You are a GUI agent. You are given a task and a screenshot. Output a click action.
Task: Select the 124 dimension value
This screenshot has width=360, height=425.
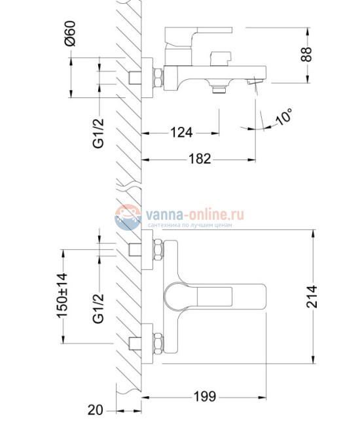click(181, 133)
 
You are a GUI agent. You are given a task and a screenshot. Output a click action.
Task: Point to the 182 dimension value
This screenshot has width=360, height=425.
click(200, 158)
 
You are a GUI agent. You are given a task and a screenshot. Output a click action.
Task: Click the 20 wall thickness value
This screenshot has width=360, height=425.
click(96, 410)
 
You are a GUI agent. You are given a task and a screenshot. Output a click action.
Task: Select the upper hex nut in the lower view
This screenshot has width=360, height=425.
click(157, 250)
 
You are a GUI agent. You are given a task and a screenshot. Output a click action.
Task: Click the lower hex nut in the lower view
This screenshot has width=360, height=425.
click(157, 342)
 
